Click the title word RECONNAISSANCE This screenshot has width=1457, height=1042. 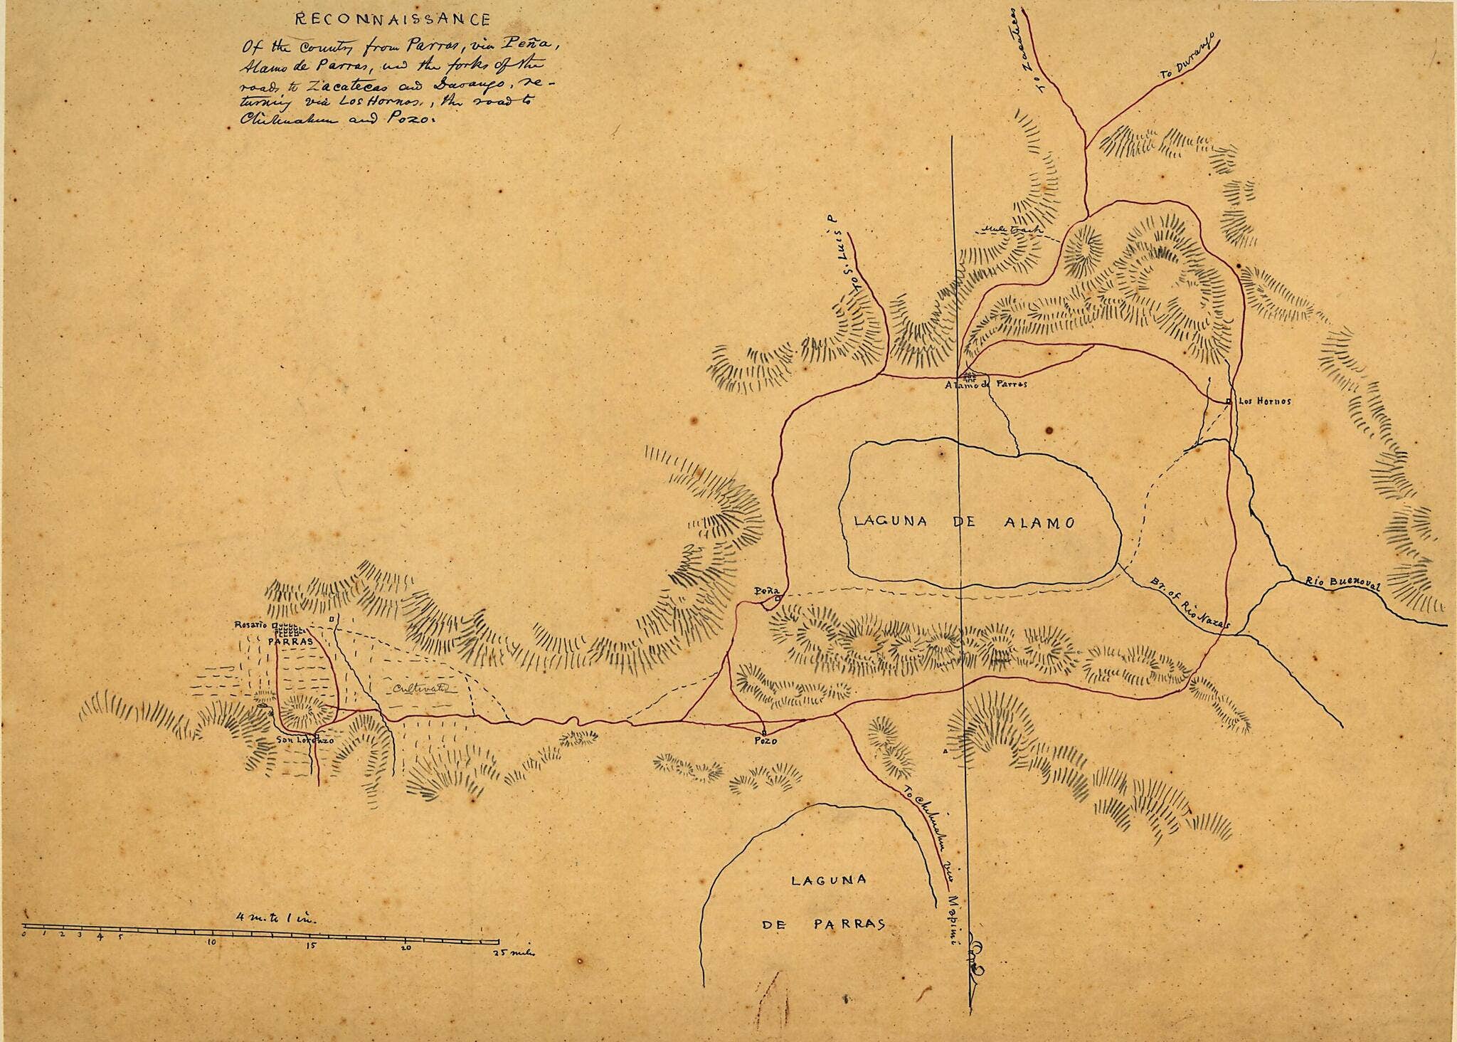tap(385, 19)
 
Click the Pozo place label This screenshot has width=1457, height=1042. tap(764, 741)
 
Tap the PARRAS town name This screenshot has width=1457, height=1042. tap(286, 641)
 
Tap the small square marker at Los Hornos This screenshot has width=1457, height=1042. tap(1228, 403)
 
